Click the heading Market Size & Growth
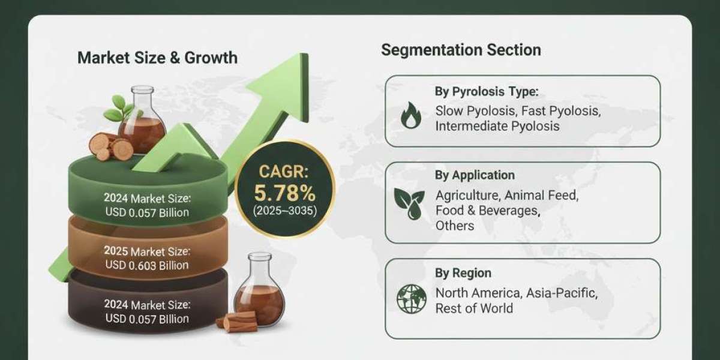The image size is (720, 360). point(157,58)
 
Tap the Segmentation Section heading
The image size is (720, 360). point(461,50)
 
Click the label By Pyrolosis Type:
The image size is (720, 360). point(486,92)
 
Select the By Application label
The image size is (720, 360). point(475,175)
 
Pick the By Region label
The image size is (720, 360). point(463,272)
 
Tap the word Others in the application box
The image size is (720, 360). point(455,226)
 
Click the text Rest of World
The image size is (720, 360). point(474,308)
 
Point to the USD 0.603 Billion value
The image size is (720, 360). point(146,265)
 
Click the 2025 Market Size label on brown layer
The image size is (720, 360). point(146,251)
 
